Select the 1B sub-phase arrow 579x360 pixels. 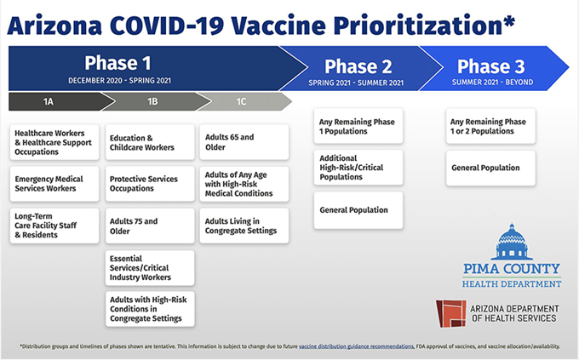[152, 102]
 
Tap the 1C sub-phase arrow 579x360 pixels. [242, 102]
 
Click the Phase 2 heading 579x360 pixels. [358, 66]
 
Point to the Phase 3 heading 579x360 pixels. [492, 66]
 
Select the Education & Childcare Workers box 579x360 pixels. [149, 143]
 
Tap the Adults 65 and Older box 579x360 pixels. [244, 143]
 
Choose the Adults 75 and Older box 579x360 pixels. [149, 226]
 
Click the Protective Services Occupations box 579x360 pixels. [149, 185]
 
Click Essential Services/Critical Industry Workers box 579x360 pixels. [149, 267]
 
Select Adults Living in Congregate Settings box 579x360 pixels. [244, 226]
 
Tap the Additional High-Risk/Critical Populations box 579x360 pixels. [358, 168]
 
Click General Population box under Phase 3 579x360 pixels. [490, 169]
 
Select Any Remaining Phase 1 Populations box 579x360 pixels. [358, 126]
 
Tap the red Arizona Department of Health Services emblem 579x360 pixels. [450, 312]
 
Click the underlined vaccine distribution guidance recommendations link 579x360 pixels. [323, 346]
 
